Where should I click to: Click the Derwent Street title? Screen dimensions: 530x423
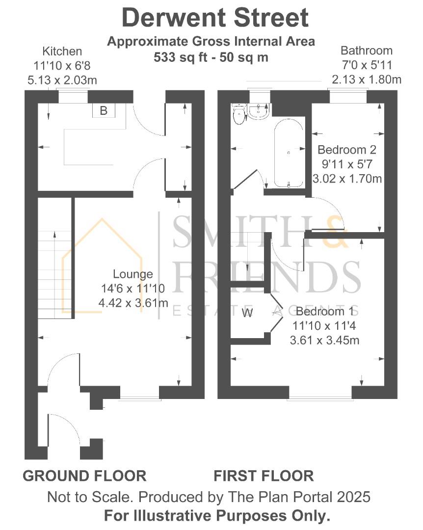click(x=215, y=18)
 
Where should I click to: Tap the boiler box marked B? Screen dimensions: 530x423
click(x=104, y=110)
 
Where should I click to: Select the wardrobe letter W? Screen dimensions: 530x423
click(x=247, y=313)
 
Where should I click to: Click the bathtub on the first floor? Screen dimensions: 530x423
click(x=289, y=153)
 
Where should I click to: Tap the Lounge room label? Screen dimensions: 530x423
click(x=133, y=274)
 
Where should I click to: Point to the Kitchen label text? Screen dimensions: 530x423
click(x=62, y=51)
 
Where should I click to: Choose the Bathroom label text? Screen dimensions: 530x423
click(x=367, y=50)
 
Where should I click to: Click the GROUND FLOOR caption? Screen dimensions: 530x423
click(x=84, y=476)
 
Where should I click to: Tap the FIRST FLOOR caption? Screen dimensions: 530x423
click(x=264, y=476)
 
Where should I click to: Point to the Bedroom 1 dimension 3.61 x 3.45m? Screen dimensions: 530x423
click(x=325, y=340)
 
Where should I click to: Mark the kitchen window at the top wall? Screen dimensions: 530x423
click(x=73, y=96)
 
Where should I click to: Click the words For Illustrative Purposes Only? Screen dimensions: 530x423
click(x=216, y=516)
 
